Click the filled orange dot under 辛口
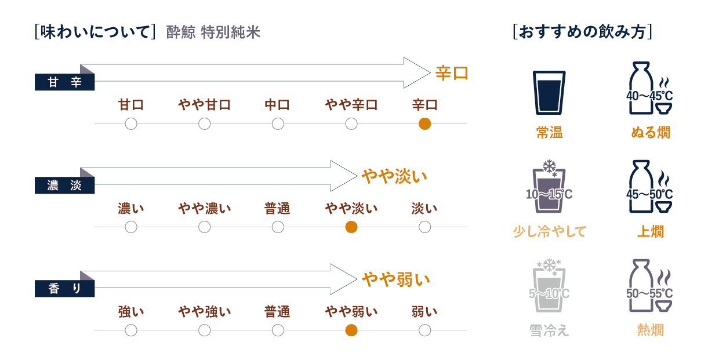point(424,123)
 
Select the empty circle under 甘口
point(131,123)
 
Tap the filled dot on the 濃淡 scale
point(351,227)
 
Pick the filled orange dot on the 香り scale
point(351,330)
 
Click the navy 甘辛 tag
point(64,83)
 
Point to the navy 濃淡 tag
point(64,186)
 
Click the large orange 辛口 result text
point(451,73)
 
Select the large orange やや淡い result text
point(394,176)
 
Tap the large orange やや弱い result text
point(396,279)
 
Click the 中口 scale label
point(277,105)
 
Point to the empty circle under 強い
point(131,330)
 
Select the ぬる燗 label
point(650,133)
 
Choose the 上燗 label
point(650,231)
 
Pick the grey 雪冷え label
point(549,330)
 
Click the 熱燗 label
point(650,330)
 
